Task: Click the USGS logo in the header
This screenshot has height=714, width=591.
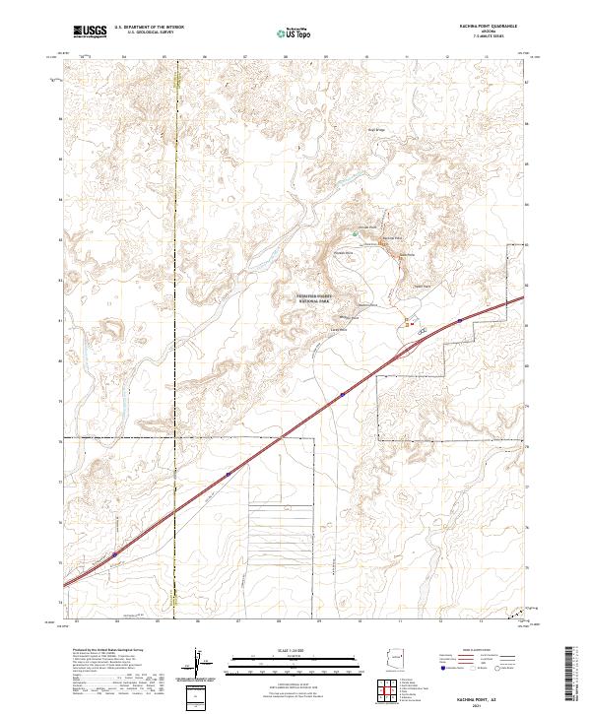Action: tap(90, 32)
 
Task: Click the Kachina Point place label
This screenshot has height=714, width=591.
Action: tap(392, 238)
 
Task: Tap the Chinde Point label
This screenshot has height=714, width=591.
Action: tap(367, 227)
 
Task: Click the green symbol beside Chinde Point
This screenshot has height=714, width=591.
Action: tap(356, 233)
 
